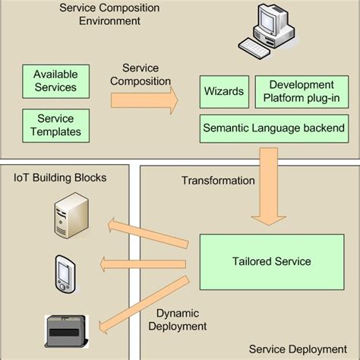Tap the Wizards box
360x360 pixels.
pos(224,92)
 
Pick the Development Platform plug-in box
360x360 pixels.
pos(302,92)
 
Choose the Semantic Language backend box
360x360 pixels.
pos(274,128)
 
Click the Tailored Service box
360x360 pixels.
pos(271,261)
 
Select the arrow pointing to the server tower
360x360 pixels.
pos(152,229)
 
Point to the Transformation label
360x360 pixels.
pos(218,181)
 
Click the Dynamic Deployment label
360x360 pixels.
pos(182,320)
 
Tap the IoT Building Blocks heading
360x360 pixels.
pos(60,178)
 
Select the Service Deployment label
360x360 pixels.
pos(297,349)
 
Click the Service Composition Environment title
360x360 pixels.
pos(109,14)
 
